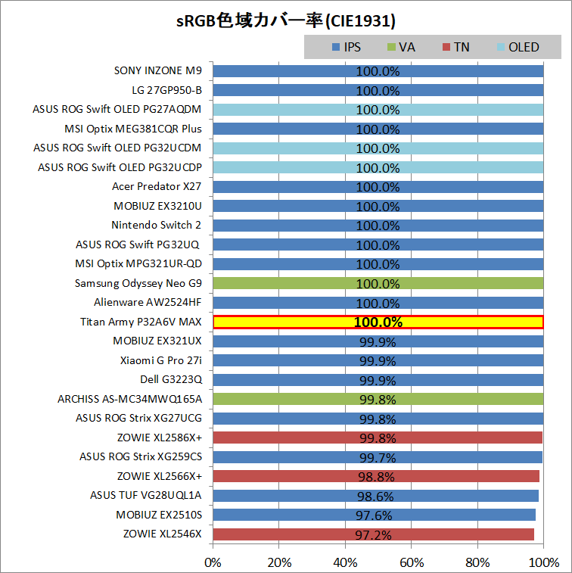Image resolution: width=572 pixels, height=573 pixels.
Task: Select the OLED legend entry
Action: (x=517, y=47)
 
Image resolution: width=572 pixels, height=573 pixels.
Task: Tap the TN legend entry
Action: (x=455, y=47)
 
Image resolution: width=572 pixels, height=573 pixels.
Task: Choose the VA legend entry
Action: (x=400, y=47)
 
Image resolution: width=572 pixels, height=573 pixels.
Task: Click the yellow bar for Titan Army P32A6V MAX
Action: (x=378, y=322)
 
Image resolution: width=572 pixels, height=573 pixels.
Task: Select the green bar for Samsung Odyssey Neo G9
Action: (x=378, y=283)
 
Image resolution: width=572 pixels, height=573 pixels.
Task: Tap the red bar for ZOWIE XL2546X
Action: (x=374, y=534)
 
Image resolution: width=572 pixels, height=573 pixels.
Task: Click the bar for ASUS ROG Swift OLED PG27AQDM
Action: (x=378, y=110)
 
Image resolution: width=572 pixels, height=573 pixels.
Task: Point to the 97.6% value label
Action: (x=374, y=515)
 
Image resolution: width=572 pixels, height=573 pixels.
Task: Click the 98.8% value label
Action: (x=376, y=477)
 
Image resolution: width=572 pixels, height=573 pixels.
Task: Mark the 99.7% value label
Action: (x=378, y=457)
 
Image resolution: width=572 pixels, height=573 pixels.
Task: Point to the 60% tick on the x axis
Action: (x=412, y=562)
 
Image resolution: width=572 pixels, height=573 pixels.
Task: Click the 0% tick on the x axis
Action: (x=213, y=562)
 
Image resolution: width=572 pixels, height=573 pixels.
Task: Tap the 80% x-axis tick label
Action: (x=477, y=562)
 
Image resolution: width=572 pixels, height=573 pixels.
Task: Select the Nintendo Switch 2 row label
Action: (x=157, y=225)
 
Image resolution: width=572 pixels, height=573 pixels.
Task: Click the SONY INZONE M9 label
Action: (x=158, y=70)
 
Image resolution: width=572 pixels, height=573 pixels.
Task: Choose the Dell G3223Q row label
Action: (x=171, y=379)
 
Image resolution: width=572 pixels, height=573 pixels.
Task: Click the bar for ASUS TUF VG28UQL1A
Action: (x=376, y=496)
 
